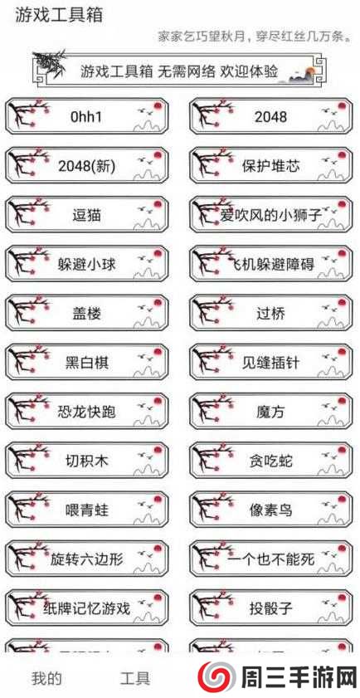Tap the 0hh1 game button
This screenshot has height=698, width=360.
coord(86,117)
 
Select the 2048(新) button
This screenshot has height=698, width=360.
coord(86,166)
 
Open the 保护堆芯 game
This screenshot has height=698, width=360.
coord(270,166)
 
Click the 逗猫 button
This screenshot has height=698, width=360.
coord(86,215)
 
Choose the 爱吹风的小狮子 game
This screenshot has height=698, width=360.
coord(270,215)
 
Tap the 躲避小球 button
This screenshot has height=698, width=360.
coord(86,265)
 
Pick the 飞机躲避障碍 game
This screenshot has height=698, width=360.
coord(270,265)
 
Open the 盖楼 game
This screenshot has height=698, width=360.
coord(86,314)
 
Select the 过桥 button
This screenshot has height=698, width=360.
coord(270,314)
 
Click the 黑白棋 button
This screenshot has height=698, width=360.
coord(86,363)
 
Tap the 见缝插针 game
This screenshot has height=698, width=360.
coord(270,363)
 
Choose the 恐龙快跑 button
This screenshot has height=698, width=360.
coord(86,412)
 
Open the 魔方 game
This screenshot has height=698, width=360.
coord(270,412)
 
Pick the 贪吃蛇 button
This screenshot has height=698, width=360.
coord(270,461)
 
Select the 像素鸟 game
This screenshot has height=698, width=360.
coord(270,510)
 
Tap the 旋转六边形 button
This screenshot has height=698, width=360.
coord(86,559)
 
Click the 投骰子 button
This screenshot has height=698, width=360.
coord(270,608)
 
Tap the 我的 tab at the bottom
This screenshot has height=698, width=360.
coord(46,678)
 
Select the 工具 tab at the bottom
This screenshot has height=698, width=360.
coord(135,678)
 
